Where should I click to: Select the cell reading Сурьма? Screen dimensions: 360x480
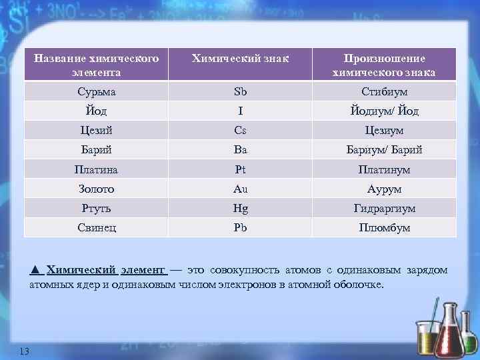coord(96,91)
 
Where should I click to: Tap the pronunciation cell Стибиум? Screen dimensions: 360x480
coord(384,91)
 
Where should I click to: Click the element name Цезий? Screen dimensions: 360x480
coord(96,131)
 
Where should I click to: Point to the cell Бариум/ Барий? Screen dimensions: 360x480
coord(384,150)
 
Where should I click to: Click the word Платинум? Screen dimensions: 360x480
coord(384,169)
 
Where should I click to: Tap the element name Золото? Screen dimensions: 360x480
coord(96,189)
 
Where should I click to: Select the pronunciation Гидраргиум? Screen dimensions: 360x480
coord(384,208)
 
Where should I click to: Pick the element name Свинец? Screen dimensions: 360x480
coord(96,227)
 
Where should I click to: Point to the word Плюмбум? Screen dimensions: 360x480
coord(384,227)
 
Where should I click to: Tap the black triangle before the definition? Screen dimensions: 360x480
coord(35,270)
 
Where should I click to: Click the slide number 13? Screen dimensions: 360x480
coord(25,351)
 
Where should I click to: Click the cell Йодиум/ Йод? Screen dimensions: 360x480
coord(384,111)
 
